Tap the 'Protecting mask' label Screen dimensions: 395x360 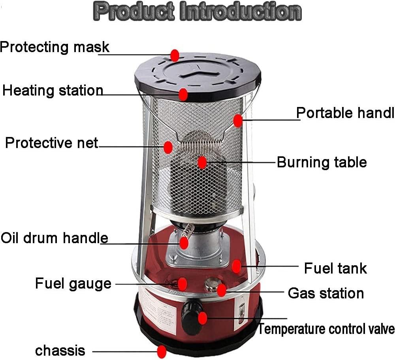55,47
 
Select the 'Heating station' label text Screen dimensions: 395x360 53,90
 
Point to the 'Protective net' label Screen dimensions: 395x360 52,143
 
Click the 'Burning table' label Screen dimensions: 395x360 322,162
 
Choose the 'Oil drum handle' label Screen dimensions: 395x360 55,238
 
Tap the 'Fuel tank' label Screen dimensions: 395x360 335,268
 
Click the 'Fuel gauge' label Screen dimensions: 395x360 73,284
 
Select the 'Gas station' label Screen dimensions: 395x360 326,293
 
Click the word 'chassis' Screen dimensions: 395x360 60,351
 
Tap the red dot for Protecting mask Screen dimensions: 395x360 175,55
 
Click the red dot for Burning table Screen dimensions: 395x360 202,162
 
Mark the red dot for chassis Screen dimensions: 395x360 162,352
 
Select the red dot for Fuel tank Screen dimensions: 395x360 236,266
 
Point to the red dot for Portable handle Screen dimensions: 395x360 238,120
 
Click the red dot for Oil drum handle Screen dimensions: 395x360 184,243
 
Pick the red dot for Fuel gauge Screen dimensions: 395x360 182,284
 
